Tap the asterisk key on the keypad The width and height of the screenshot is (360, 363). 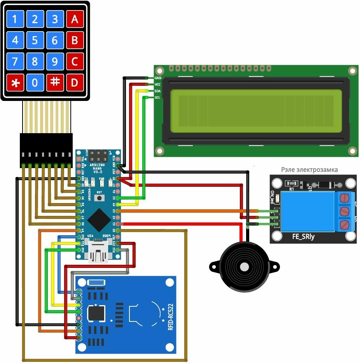tap(15, 82)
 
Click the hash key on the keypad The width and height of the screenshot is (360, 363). tap(55, 82)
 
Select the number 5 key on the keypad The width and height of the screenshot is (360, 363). tap(35, 40)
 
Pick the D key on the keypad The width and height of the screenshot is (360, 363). tap(75, 82)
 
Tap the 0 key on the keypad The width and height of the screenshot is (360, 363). tap(35, 82)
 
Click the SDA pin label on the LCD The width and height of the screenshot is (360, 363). tap(157, 91)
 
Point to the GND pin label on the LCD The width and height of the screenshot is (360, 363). tap(157, 78)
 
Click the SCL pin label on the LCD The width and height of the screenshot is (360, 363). tap(157, 97)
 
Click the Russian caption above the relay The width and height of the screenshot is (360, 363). tap(309, 170)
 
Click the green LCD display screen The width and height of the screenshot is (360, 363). tap(256, 110)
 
